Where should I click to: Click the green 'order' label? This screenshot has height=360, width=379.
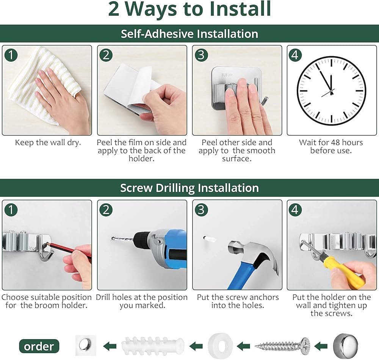coord(39,346)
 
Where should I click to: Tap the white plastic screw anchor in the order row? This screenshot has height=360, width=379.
coord(153,346)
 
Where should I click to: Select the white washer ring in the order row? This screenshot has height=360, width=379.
coord(220,346)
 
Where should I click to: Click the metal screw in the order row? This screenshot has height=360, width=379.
coord(282,346)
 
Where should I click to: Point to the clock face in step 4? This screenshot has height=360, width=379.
coord(331,91)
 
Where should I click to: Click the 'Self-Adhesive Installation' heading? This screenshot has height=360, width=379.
coord(189,34)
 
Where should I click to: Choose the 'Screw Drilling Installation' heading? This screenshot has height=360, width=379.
coord(189,188)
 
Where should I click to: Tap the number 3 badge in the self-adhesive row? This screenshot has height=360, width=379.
coord(201,55)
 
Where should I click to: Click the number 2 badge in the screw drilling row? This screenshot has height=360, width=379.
coord(106,209)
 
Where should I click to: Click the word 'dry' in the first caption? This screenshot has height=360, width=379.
coord(74,143)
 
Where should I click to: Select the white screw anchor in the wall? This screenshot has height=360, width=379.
coord(209,239)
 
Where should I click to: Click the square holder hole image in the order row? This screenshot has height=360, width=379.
coord(86,345)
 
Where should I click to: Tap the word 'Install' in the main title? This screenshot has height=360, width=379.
coord(240,9)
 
